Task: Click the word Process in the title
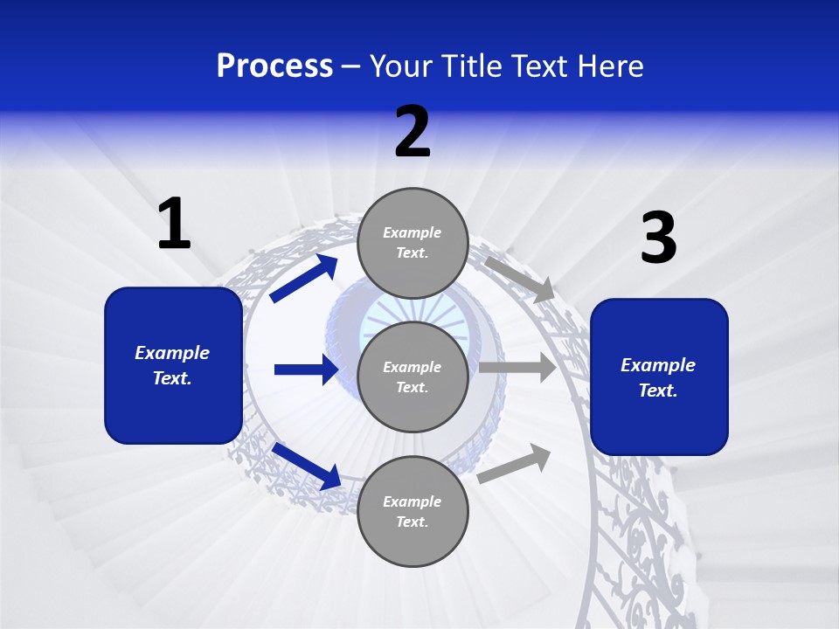point(274,66)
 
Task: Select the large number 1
point(174,225)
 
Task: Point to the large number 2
point(413,132)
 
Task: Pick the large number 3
point(658,238)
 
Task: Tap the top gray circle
point(413,243)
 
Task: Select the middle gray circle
point(413,377)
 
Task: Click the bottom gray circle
point(413,511)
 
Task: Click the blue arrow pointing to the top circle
point(304,278)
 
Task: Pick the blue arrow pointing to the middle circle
point(306,370)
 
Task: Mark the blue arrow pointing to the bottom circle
point(306,465)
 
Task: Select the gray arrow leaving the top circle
point(519,278)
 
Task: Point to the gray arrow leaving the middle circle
point(517,368)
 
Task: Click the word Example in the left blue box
point(172,353)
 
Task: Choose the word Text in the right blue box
point(657,391)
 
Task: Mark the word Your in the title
point(400,66)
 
